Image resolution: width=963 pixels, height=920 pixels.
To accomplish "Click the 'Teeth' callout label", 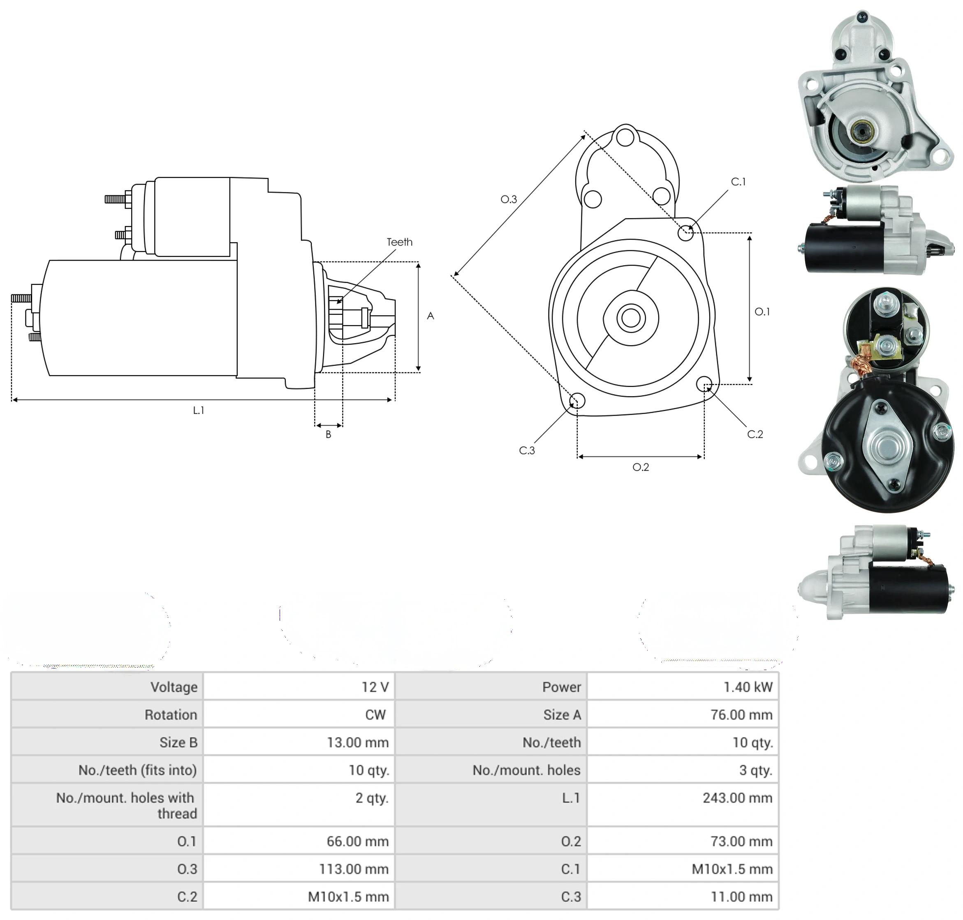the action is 399,242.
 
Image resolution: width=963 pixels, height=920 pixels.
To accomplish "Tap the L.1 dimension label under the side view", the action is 198,411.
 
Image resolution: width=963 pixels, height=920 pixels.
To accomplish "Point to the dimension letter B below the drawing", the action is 328,434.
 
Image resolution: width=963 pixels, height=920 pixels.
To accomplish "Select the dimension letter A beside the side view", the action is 430,316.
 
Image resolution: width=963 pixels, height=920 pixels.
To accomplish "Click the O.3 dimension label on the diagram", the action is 509,199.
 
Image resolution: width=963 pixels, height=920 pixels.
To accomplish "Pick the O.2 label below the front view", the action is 641,467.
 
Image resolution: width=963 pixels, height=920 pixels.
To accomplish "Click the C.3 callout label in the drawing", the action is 527,450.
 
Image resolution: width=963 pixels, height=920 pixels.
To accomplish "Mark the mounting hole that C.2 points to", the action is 704,384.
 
